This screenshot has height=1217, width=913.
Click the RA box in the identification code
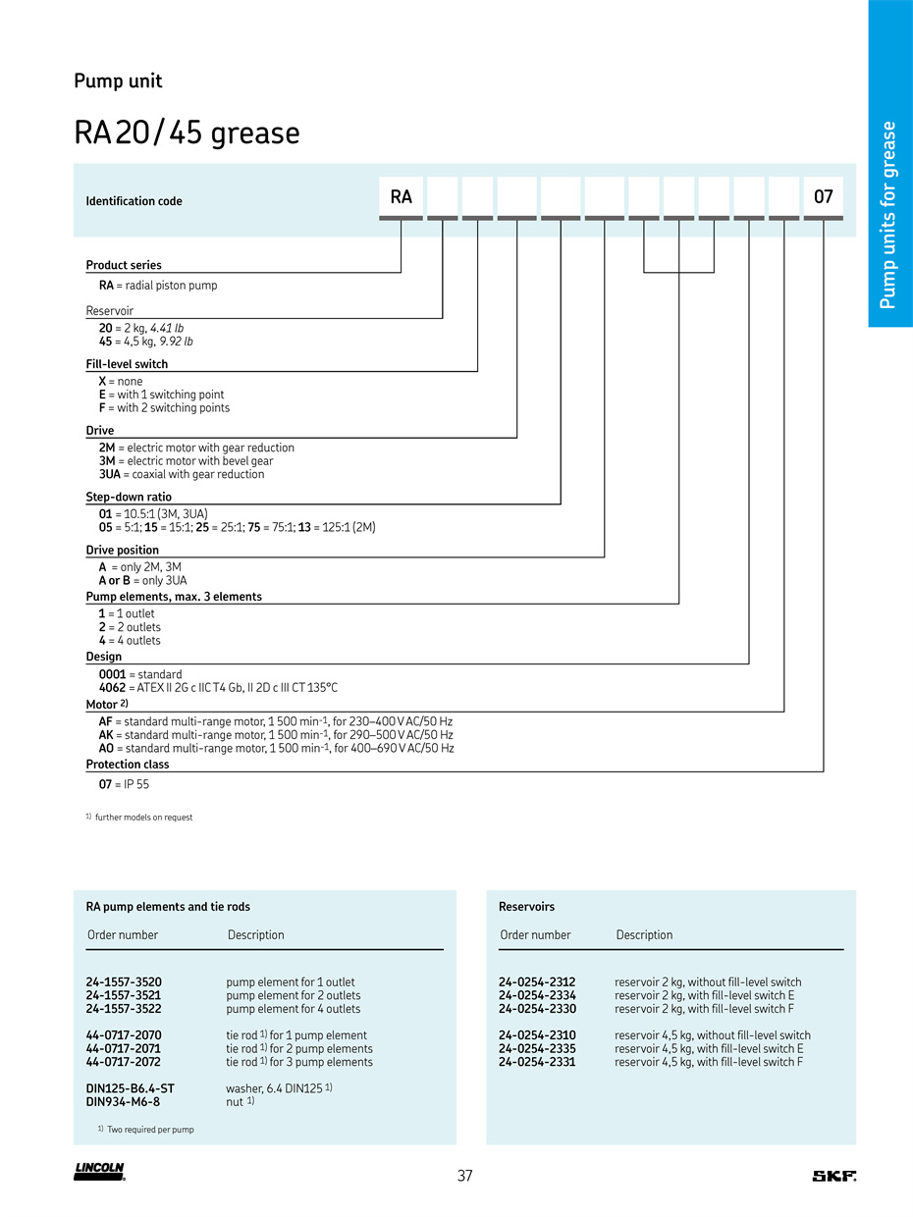click(401, 196)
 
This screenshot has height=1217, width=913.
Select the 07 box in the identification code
click(823, 196)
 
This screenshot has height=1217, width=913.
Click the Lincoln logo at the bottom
click(99, 1172)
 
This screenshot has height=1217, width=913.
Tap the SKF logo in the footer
click(833, 1176)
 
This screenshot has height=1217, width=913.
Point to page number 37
click(465, 1176)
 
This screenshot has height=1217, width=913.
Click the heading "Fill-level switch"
click(127, 364)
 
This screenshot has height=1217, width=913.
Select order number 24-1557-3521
click(124, 995)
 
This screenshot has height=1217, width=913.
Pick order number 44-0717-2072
click(124, 1062)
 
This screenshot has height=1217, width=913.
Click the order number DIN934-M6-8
click(123, 1102)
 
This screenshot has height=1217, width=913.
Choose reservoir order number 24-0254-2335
click(537, 1048)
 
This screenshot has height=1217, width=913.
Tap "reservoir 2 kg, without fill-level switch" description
click(708, 982)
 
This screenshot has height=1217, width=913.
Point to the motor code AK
click(106, 735)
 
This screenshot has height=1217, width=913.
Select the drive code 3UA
click(110, 474)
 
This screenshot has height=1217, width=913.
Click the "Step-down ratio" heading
click(129, 498)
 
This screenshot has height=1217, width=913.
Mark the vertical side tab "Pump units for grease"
click(889, 214)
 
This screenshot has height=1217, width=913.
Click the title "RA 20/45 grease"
click(187, 133)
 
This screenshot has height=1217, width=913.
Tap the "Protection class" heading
click(128, 765)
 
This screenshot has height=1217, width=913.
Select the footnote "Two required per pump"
click(150, 1130)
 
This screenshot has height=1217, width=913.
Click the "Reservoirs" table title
click(526, 907)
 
